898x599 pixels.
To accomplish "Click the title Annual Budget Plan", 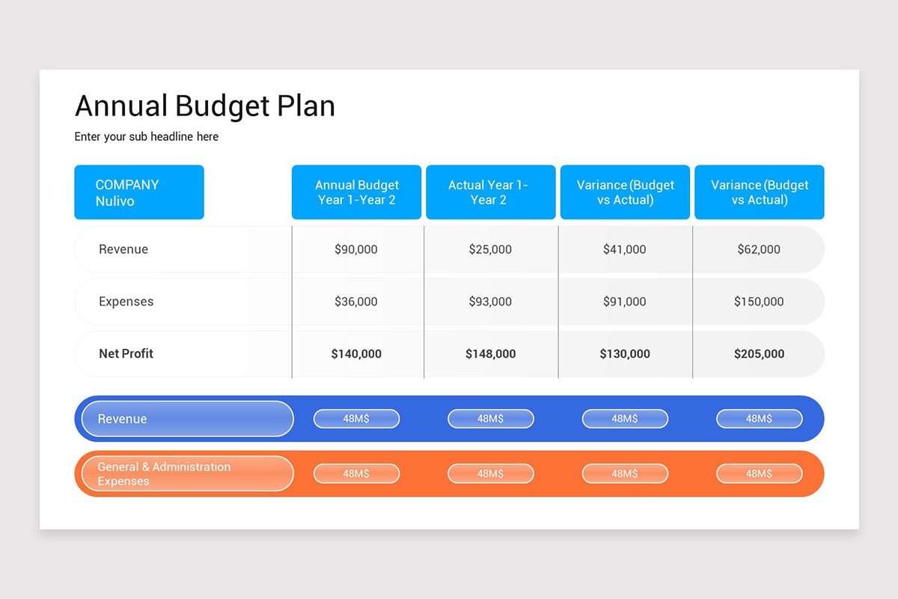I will point(204,106).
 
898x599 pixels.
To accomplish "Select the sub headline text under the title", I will point(146,136).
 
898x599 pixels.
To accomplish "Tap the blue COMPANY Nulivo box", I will point(138,192).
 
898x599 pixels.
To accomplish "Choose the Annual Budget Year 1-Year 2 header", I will point(356,192).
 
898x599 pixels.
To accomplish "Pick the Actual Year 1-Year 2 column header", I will point(490,192).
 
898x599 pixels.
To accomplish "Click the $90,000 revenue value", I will point(356,249).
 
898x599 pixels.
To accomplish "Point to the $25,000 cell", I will point(490,249).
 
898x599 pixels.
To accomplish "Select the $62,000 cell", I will point(759,249).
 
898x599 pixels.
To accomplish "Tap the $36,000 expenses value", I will point(356,302).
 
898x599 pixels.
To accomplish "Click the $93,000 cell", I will point(490,302).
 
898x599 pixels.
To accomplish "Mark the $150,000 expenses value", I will point(759,302).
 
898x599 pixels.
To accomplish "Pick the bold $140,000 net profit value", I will point(356,353).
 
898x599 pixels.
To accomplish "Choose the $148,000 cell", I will point(490,353).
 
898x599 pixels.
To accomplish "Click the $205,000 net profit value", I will point(759,353).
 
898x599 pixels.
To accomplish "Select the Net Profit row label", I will point(126,353).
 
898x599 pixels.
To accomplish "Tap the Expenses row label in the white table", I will point(126,302).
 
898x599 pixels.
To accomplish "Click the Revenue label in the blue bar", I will point(123,419).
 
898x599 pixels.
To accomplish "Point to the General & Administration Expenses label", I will point(164,474).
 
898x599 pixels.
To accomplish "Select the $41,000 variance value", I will point(624,249).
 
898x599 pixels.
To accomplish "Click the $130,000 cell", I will point(624,353).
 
